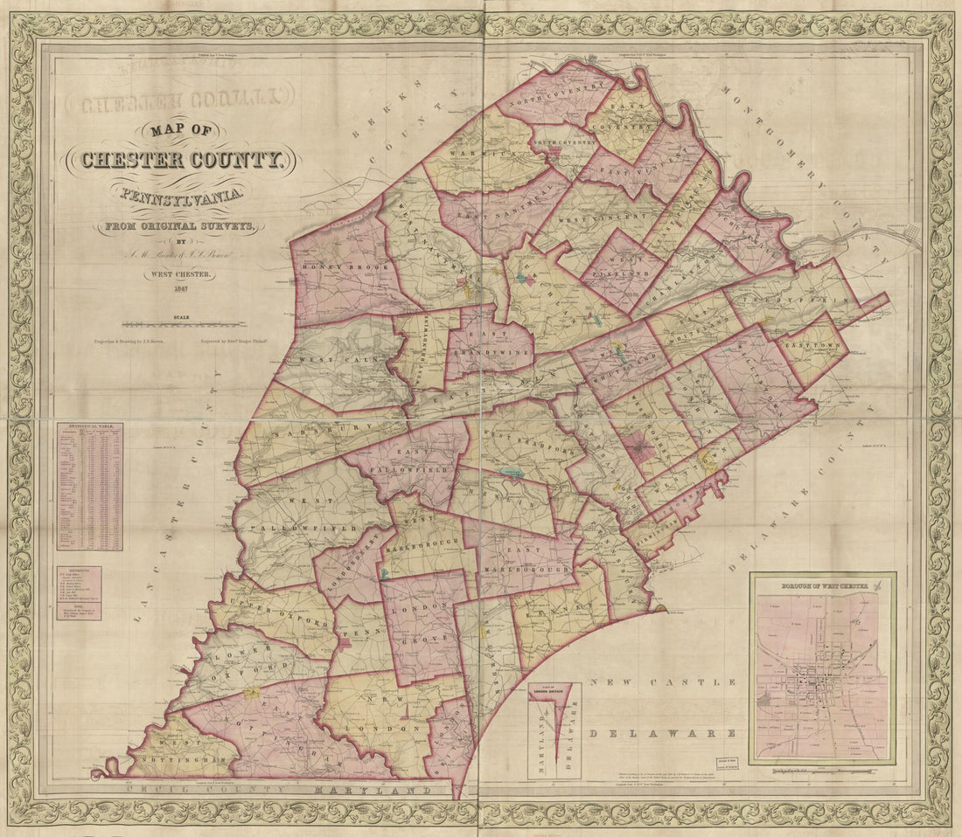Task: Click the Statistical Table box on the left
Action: coord(90,487)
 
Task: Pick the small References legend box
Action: coord(79,593)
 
